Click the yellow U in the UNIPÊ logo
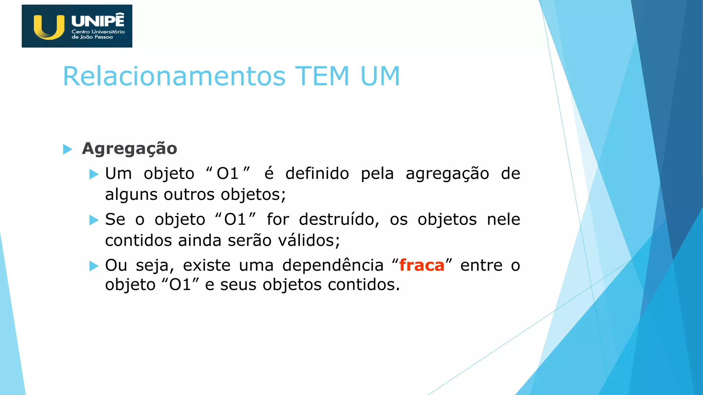[x=49, y=27]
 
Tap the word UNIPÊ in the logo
[x=98, y=21]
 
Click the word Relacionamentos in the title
[x=174, y=76]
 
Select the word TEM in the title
[x=322, y=76]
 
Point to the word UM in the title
[x=380, y=76]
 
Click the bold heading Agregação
[x=129, y=149]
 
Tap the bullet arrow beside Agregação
[x=68, y=149]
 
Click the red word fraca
[x=422, y=265]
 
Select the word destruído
[x=339, y=219]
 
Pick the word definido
[x=317, y=173]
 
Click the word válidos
[x=309, y=240]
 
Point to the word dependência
[x=333, y=265]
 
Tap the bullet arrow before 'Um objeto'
[x=94, y=174]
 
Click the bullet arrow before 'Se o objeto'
[x=94, y=220]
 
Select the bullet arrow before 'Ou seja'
[x=94, y=266]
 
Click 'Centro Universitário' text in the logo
[x=98, y=32]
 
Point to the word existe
[x=207, y=265]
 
